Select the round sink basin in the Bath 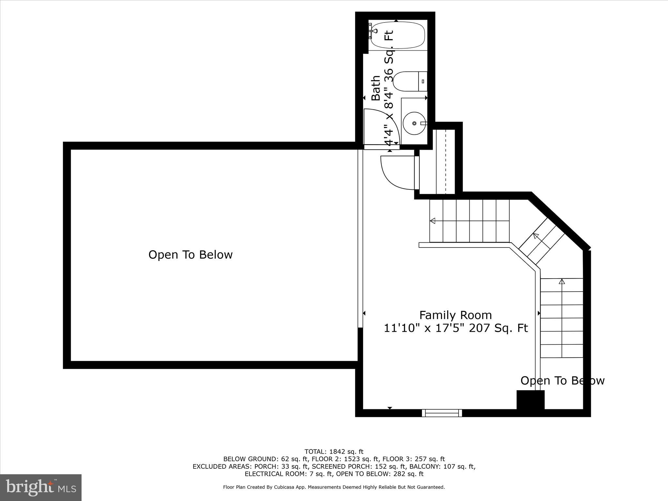[414, 123]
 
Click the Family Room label [455, 315]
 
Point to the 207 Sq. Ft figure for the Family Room [498, 328]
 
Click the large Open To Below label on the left [190, 255]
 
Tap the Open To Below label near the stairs [562, 381]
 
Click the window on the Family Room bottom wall [442, 413]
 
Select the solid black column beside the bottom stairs [530, 400]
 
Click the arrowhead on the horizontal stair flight [433, 221]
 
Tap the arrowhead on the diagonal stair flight [536, 236]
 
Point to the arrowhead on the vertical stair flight [562, 281]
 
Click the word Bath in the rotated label [376, 88]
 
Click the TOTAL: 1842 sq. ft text [334, 452]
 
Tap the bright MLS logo [41, 487]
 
